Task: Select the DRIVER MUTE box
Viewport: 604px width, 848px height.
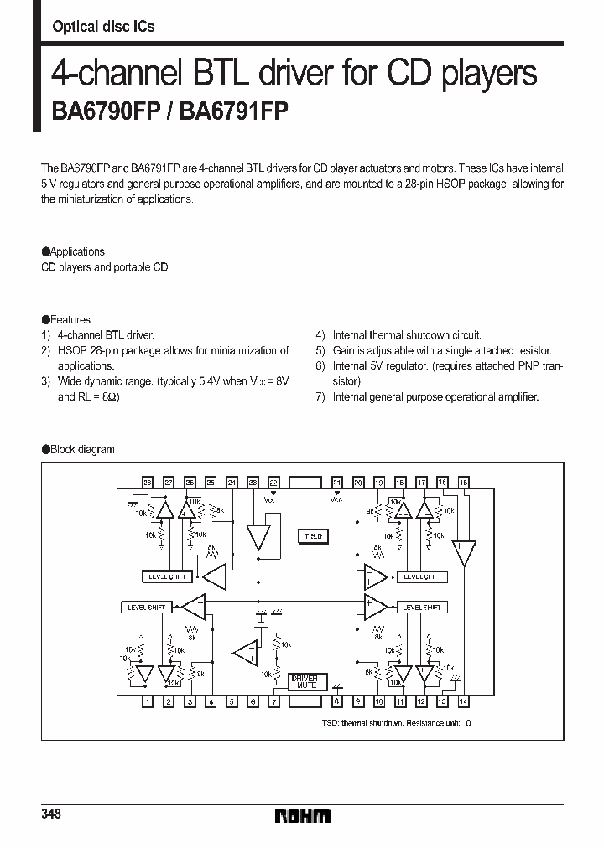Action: pyautogui.click(x=303, y=681)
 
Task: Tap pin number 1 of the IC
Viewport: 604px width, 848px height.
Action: pyautogui.click(x=148, y=702)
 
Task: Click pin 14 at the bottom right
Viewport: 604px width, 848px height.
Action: pyautogui.click(x=463, y=702)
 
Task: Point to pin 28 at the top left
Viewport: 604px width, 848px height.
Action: pyautogui.click(x=148, y=483)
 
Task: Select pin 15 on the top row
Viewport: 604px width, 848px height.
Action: pyautogui.click(x=463, y=483)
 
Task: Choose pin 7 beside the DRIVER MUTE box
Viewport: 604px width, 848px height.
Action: pyautogui.click(x=273, y=702)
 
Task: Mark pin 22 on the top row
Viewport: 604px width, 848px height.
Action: pyautogui.click(x=273, y=483)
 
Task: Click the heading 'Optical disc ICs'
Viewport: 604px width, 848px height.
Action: pyautogui.click(x=103, y=27)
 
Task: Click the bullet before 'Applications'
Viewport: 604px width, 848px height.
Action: pyautogui.click(x=45, y=251)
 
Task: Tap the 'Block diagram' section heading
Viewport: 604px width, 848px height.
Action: pyautogui.click(x=82, y=449)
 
